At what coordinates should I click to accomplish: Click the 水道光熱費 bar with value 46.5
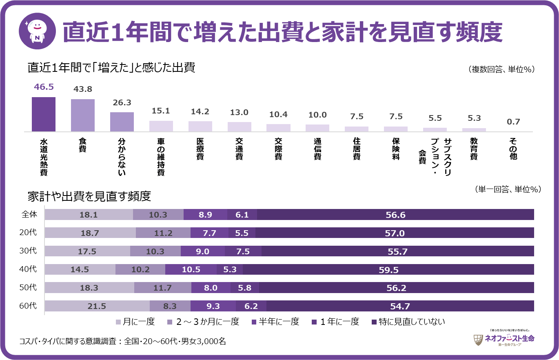click(44, 114)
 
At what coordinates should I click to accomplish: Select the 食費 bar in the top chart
click(83, 116)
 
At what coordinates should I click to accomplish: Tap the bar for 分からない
click(122, 122)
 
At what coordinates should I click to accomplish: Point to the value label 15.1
click(161, 111)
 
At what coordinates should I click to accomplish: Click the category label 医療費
click(200, 149)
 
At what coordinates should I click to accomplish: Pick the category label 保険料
click(396, 149)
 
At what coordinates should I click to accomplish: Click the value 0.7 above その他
click(513, 121)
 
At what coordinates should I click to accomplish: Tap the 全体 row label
click(29, 214)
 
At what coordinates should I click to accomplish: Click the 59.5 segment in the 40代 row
click(388, 269)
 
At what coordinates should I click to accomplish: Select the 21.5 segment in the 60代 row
click(97, 306)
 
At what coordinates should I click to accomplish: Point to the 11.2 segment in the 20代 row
click(163, 233)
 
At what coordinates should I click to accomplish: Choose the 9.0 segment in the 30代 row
click(202, 251)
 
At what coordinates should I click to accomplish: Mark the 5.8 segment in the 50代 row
click(245, 288)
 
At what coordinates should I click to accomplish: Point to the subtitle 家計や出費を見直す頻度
click(89, 196)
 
